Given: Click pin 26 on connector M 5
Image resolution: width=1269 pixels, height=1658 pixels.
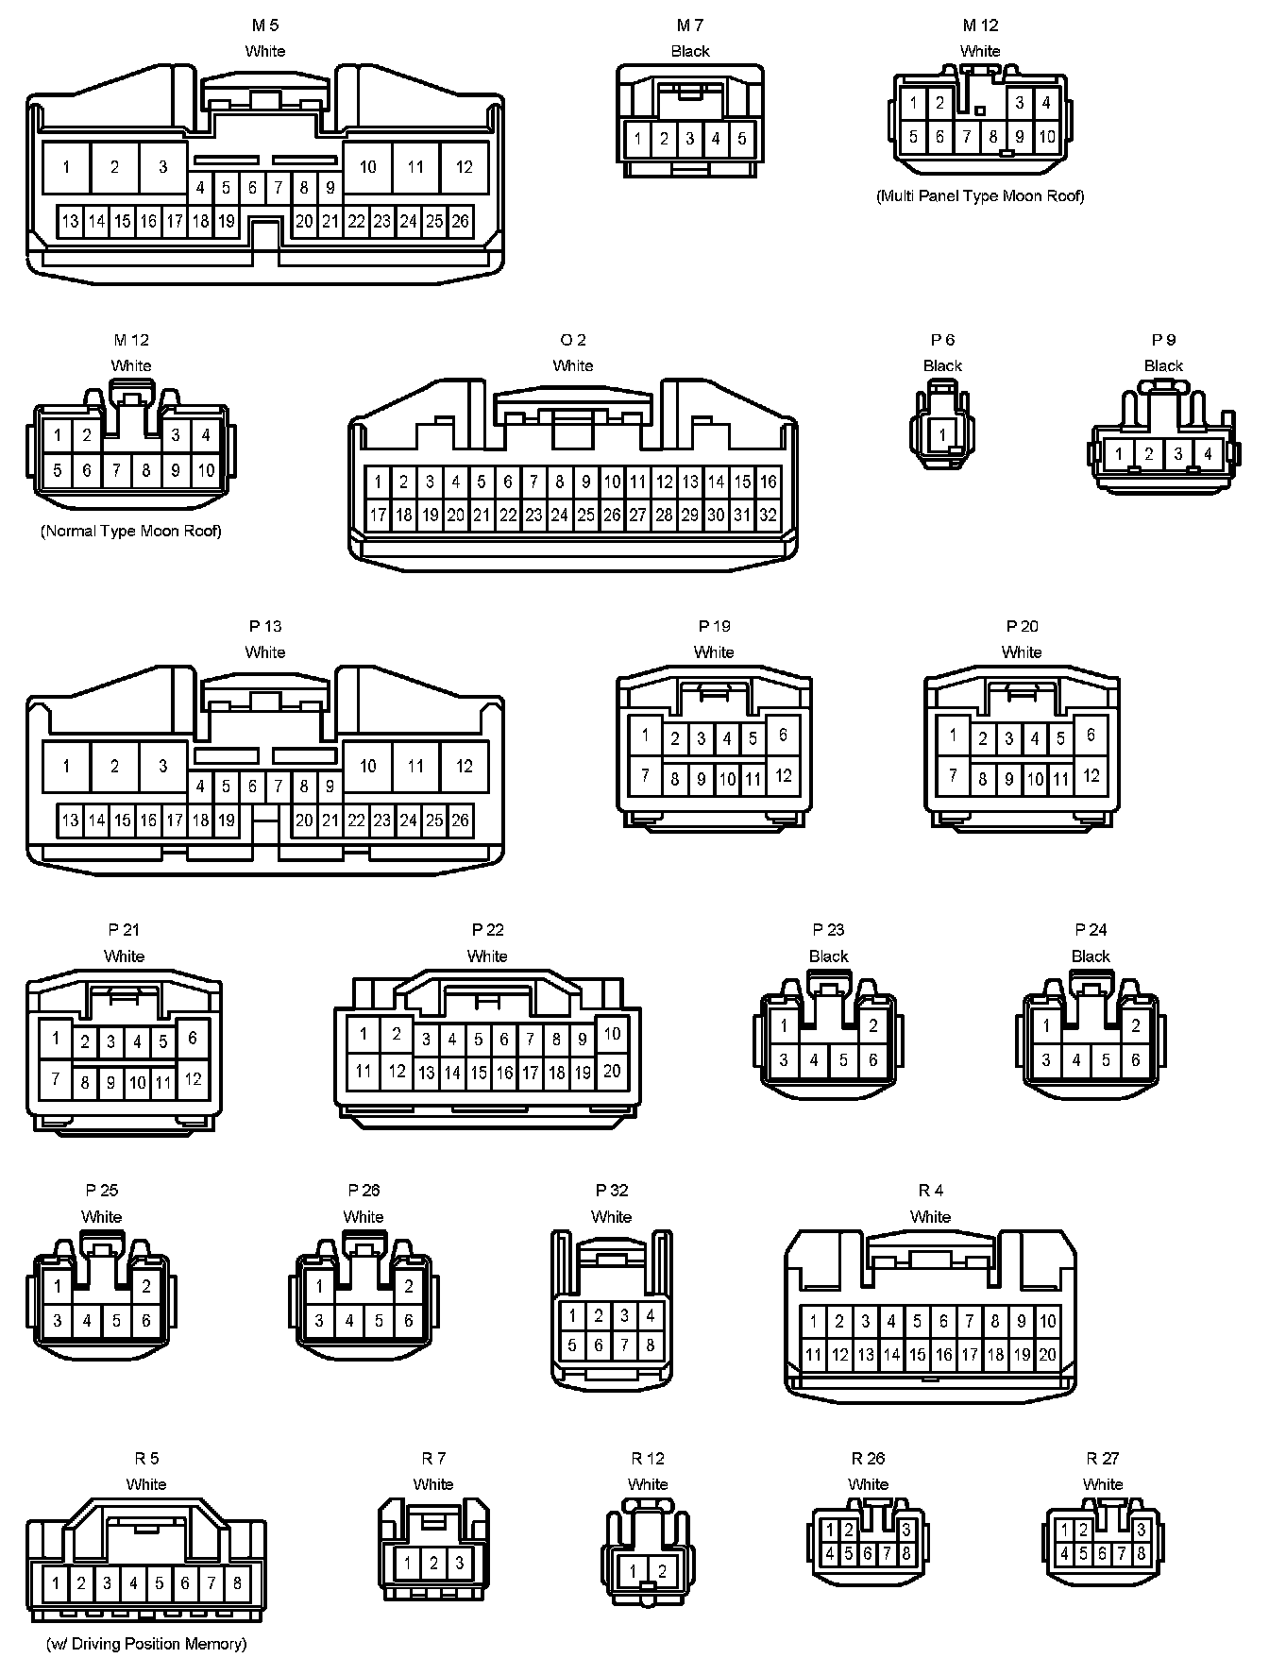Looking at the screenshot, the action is tap(460, 222).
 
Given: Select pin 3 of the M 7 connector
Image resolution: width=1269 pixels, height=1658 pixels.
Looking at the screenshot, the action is tap(690, 139).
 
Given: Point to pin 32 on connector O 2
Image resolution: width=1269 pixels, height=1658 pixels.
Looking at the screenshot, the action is tap(768, 516).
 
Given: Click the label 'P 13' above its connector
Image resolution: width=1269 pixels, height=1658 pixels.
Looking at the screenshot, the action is tap(265, 626).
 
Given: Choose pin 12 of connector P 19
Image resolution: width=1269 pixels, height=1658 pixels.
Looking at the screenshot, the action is tap(783, 776).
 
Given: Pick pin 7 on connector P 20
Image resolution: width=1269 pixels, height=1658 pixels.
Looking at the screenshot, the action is tap(954, 776).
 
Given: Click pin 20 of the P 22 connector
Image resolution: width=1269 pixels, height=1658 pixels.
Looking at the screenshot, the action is tap(612, 1071).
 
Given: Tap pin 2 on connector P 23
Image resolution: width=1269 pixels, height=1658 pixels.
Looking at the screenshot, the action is tap(873, 1026).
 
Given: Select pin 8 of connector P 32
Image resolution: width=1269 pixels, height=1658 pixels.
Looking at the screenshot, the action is tap(650, 1345).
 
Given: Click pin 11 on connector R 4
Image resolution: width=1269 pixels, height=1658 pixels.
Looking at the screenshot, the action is tap(813, 1355).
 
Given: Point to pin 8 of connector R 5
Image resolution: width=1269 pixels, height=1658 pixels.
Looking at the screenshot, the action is tap(237, 1583).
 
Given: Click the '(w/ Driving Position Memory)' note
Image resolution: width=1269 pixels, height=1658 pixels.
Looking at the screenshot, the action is tap(146, 1644).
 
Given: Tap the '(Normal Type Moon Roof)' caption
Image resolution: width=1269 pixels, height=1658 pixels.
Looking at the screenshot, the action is tap(131, 531).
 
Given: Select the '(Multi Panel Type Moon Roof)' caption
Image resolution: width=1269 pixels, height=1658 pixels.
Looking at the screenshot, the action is tap(980, 196).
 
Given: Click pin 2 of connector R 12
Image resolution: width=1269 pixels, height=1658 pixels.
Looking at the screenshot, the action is tap(663, 1571).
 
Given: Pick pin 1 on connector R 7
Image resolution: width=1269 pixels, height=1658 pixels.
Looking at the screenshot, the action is tap(407, 1563).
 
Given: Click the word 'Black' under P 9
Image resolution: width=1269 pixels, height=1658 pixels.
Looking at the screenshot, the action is tap(1163, 365).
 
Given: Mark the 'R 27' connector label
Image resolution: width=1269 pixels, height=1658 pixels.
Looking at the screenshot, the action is tap(1103, 1459).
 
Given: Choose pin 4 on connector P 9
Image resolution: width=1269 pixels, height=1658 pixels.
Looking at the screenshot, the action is tap(1208, 454).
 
